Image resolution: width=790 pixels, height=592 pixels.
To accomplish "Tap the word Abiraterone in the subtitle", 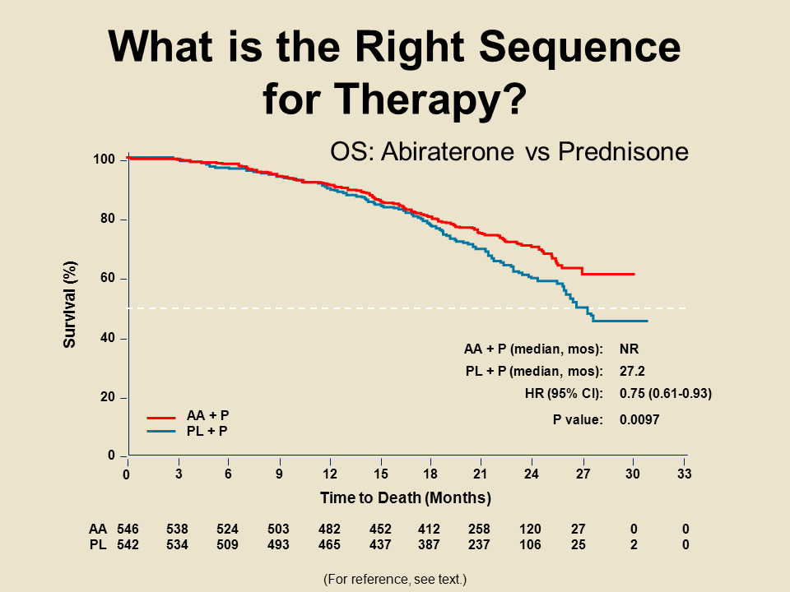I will pos(466,152).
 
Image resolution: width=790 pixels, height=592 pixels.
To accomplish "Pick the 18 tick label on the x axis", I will pos(430,474).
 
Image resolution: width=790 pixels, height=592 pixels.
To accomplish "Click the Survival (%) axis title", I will pos(70,304).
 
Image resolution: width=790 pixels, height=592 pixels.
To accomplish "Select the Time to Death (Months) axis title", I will pos(406,497).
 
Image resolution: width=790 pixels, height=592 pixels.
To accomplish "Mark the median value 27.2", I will pos(633,370).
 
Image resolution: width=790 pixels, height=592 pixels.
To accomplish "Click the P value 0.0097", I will pos(639,419).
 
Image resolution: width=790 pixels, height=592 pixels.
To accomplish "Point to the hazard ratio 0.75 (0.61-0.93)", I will pos(665,393).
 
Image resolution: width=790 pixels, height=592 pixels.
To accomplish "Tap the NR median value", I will pos(629,348).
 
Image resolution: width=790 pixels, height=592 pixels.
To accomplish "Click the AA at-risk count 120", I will pos(532,529).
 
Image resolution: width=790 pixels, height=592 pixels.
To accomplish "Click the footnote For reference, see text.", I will pos(395,580).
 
